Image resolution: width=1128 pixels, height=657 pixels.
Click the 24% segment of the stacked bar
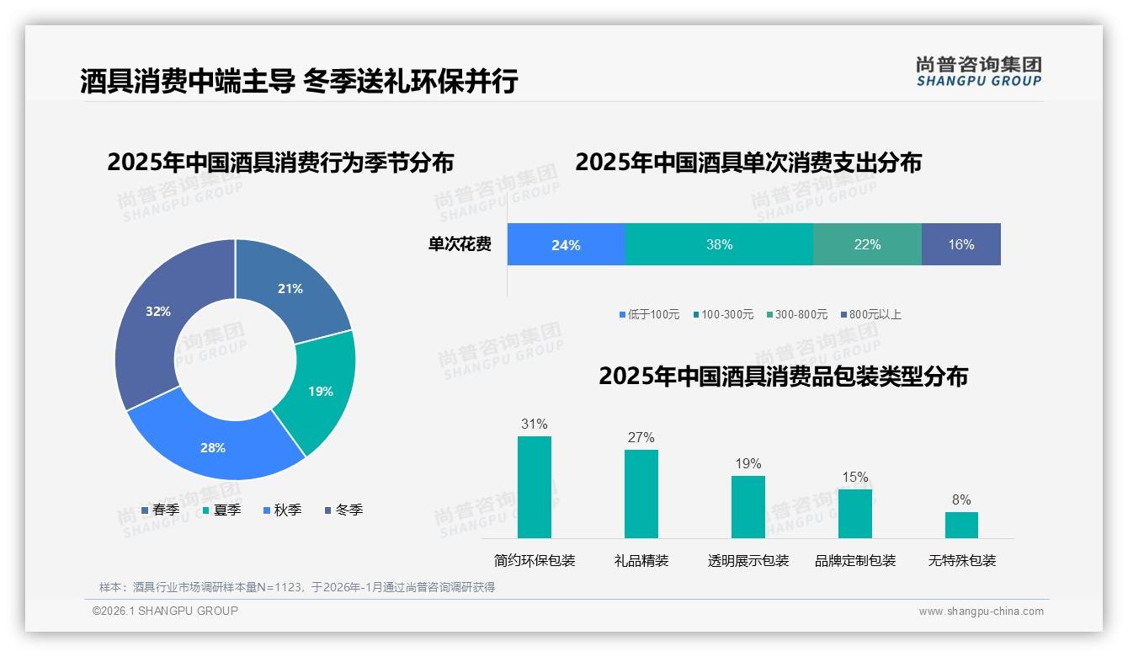pyautogui.click(x=566, y=244)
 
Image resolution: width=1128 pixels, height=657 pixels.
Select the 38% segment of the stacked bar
pyautogui.click(x=719, y=244)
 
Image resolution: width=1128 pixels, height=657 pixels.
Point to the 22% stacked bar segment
pyautogui.click(x=867, y=244)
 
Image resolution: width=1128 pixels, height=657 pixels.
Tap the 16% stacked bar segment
pyautogui.click(x=960, y=244)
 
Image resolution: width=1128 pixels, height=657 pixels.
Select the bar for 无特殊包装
pyautogui.click(x=961, y=525)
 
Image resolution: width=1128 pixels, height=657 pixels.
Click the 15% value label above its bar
pyautogui.click(x=854, y=477)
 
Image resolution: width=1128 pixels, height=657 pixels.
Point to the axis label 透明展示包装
pyautogui.click(x=748, y=560)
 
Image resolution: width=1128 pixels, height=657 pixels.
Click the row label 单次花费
pyautogui.click(x=460, y=244)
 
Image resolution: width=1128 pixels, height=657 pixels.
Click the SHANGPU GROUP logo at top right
pyautogui.click(x=978, y=71)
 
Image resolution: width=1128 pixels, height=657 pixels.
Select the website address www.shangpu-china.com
pyautogui.click(x=981, y=611)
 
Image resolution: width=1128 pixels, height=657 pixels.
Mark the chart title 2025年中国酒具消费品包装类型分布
pyautogui.click(x=783, y=376)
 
